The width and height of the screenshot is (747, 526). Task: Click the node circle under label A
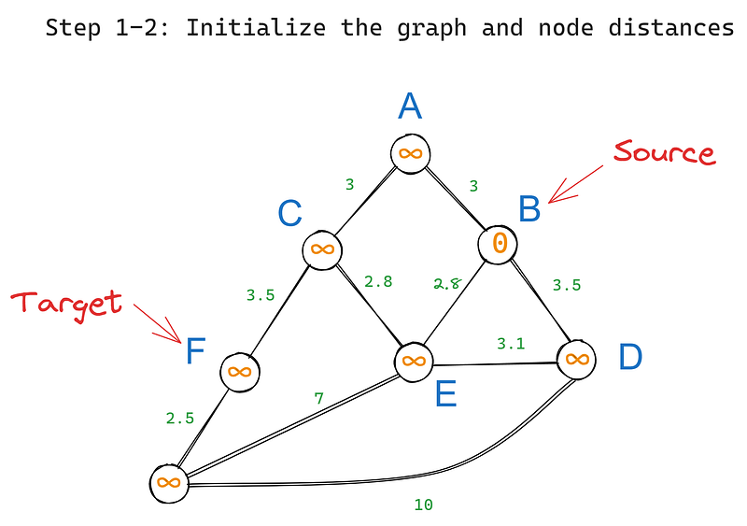(x=410, y=153)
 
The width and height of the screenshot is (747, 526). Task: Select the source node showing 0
(x=499, y=244)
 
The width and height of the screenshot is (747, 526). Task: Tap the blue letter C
(x=289, y=215)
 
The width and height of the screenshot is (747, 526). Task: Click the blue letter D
(x=632, y=358)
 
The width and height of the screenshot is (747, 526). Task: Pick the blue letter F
(x=194, y=352)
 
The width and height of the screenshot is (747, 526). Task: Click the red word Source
(x=664, y=153)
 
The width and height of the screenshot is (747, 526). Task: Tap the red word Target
(x=66, y=303)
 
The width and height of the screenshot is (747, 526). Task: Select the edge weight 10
(x=423, y=505)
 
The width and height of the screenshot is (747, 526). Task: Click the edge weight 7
(x=318, y=399)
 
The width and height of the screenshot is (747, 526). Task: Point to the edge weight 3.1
(x=511, y=344)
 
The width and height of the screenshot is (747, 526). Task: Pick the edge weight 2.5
(x=180, y=418)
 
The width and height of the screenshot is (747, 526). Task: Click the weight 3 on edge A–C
(x=349, y=185)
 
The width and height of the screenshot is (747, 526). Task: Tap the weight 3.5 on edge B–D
(x=567, y=285)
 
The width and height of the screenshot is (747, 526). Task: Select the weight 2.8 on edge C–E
(x=377, y=280)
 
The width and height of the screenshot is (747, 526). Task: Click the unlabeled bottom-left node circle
(x=169, y=483)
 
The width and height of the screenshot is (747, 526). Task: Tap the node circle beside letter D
(x=577, y=359)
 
